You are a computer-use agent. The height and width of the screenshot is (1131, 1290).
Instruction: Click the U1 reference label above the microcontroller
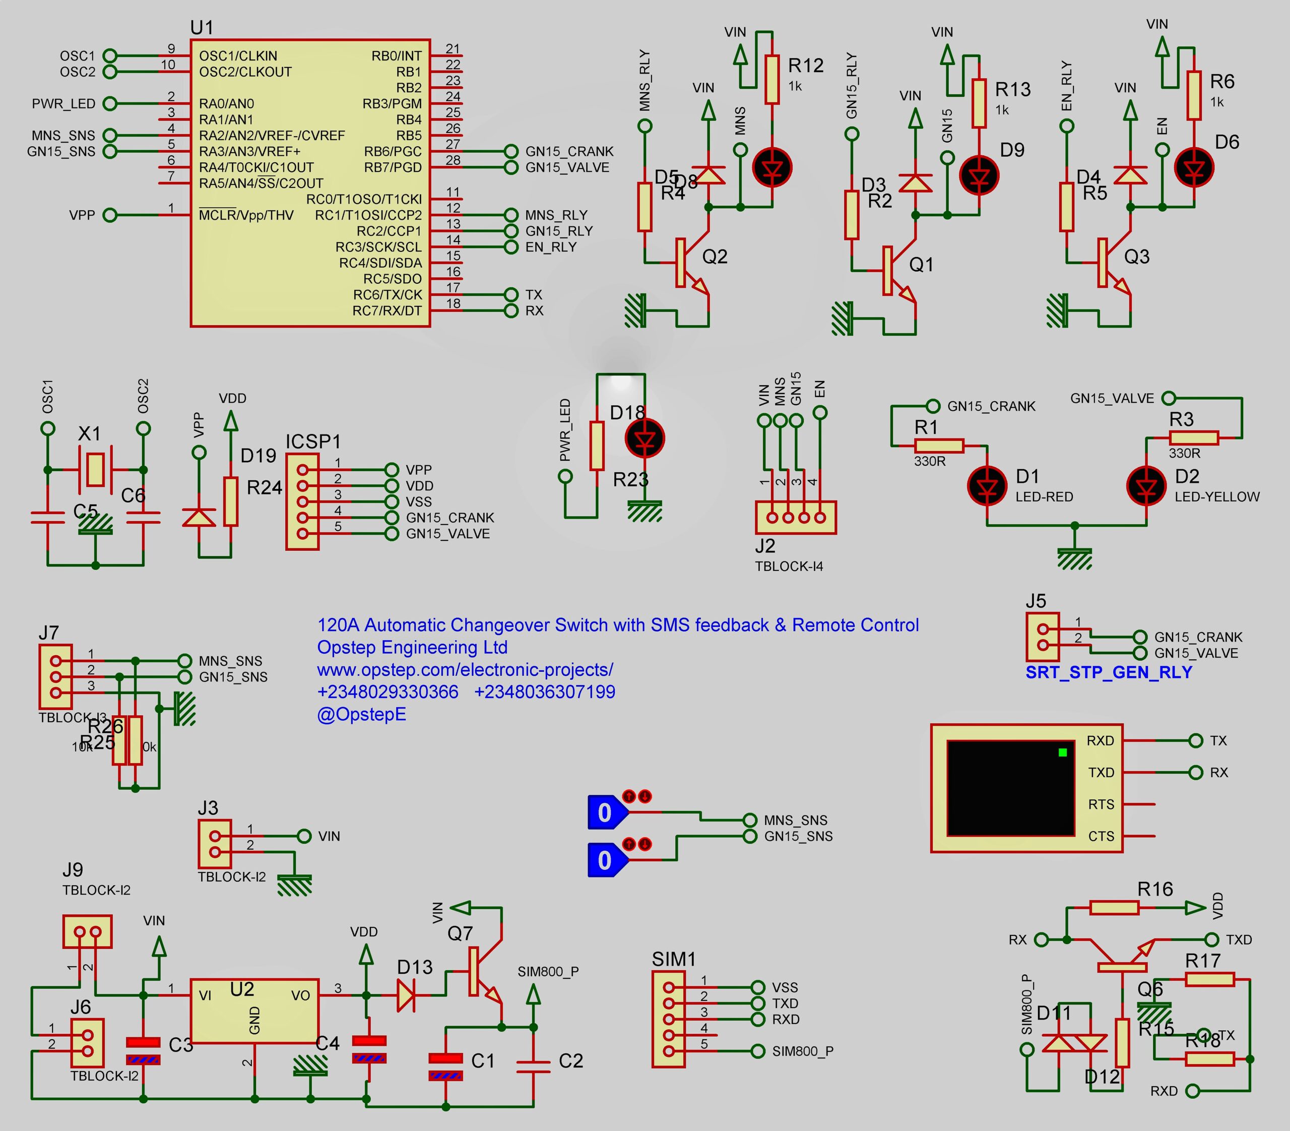pos(202,28)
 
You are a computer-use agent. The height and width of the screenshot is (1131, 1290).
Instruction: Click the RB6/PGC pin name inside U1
pos(392,152)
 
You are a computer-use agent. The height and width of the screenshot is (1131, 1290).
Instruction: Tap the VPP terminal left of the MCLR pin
pos(110,215)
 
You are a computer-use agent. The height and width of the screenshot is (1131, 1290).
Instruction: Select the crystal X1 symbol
pos(95,470)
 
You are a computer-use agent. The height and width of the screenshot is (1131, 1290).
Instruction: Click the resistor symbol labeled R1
pos(938,446)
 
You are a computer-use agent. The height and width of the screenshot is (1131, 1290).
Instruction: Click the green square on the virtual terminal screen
pos(1062,752)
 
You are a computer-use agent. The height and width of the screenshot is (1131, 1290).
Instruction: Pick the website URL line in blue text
pos(465,670)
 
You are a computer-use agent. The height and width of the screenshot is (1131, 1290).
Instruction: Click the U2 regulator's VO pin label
pos(300,995)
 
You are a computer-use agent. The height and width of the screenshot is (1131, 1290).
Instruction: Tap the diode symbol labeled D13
pos(406,996)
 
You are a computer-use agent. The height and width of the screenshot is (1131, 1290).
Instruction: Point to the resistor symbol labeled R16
pos(1114,908)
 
